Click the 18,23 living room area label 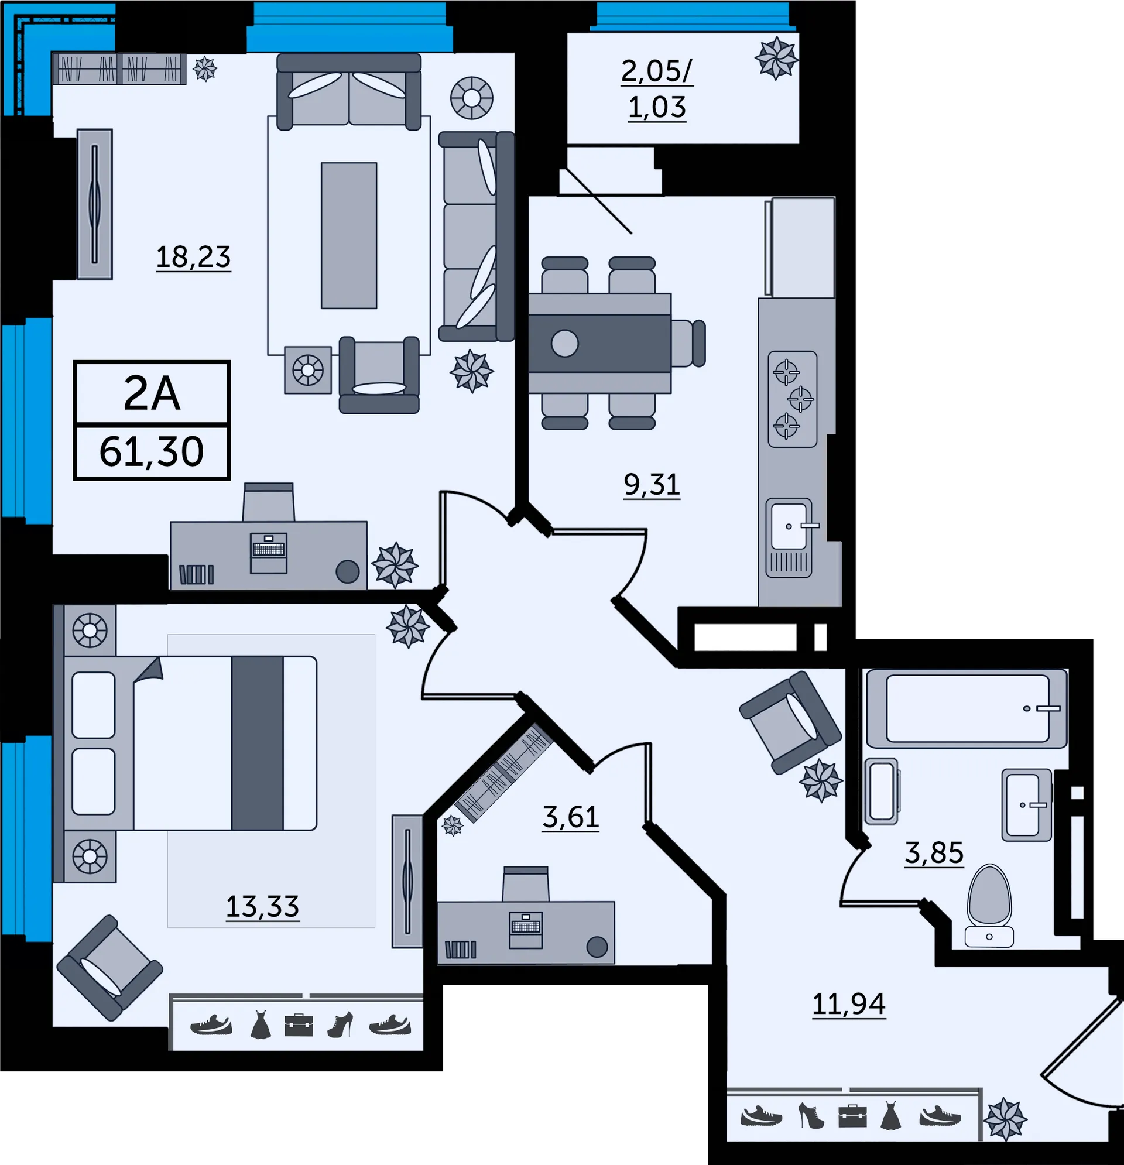tap(193, 257)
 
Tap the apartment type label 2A tap(152, 393)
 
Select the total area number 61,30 tap(152, 451)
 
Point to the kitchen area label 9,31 tap(652, 484)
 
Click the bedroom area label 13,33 tap(262, 906)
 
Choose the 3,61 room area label tap(570, 817)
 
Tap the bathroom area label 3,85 tap(934, 853)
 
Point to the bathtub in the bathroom tap(967, 708)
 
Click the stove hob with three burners tap(792, 399)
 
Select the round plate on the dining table tap(565, 344)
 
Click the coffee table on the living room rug tap(349, 235)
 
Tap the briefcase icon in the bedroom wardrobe tap(299, 1024)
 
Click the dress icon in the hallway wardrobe tap(890, 1115)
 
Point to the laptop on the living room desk tap(269, 553)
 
